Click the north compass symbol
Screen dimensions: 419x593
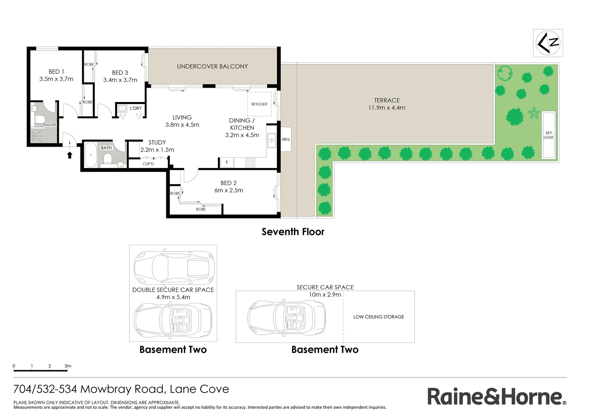pyautogui.click(x=548, y=43)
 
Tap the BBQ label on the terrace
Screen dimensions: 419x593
pyautogui.click(x=286, y=139)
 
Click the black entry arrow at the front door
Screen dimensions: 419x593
pyautogui.click(x=70, y=155)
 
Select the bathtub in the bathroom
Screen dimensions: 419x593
pyautogui.click(x=91, y=155)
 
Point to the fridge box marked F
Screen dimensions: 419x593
pyautogui.click(x=227, y=163)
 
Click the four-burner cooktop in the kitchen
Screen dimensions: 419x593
pyautogui.click(x=250, y=163)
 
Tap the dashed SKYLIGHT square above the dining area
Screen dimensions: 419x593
pyautogui.click(x=259, y=104)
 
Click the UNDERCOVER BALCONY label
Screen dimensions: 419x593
pyautogui.click(x=212, y=66)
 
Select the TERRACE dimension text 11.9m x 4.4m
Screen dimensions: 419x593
pyautogui.click(x=387, y=108)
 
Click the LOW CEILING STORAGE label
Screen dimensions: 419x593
pyautogui.click(x=379, y=317)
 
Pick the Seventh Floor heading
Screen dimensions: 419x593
pyautogui.click(x=293, y=232)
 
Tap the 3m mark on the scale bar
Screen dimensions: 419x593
pyautogui.click(x=67, y=366)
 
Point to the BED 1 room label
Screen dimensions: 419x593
pyautogui.click(x=56, y=72)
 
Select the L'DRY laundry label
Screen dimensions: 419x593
pyautogui.click(x=136, y=108)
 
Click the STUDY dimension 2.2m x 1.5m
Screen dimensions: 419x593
pyautogui.click(x=157, y=150)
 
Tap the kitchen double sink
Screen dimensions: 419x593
pyautogui.click(x=271, y=140)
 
